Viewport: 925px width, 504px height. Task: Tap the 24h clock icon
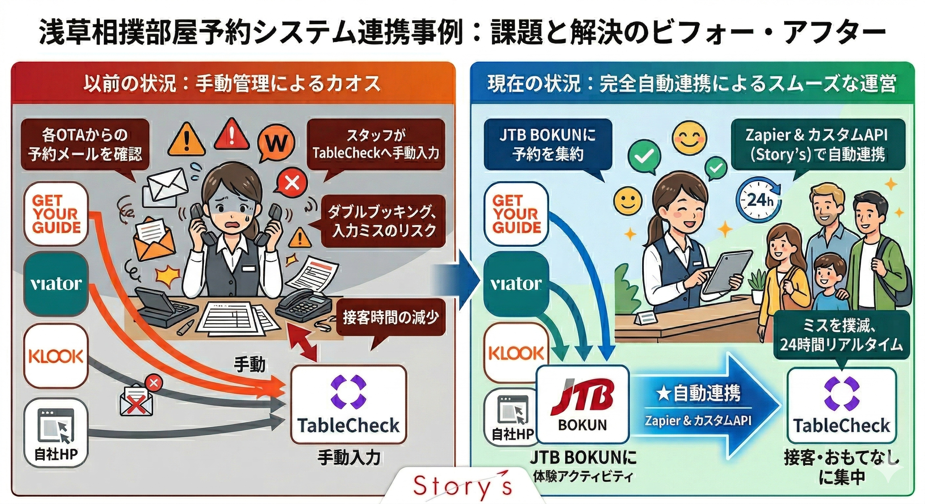759,199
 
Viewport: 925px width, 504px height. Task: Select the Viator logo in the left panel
56,284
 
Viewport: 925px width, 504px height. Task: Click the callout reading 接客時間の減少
391,318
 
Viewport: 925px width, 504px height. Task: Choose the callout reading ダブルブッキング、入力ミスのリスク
383,222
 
